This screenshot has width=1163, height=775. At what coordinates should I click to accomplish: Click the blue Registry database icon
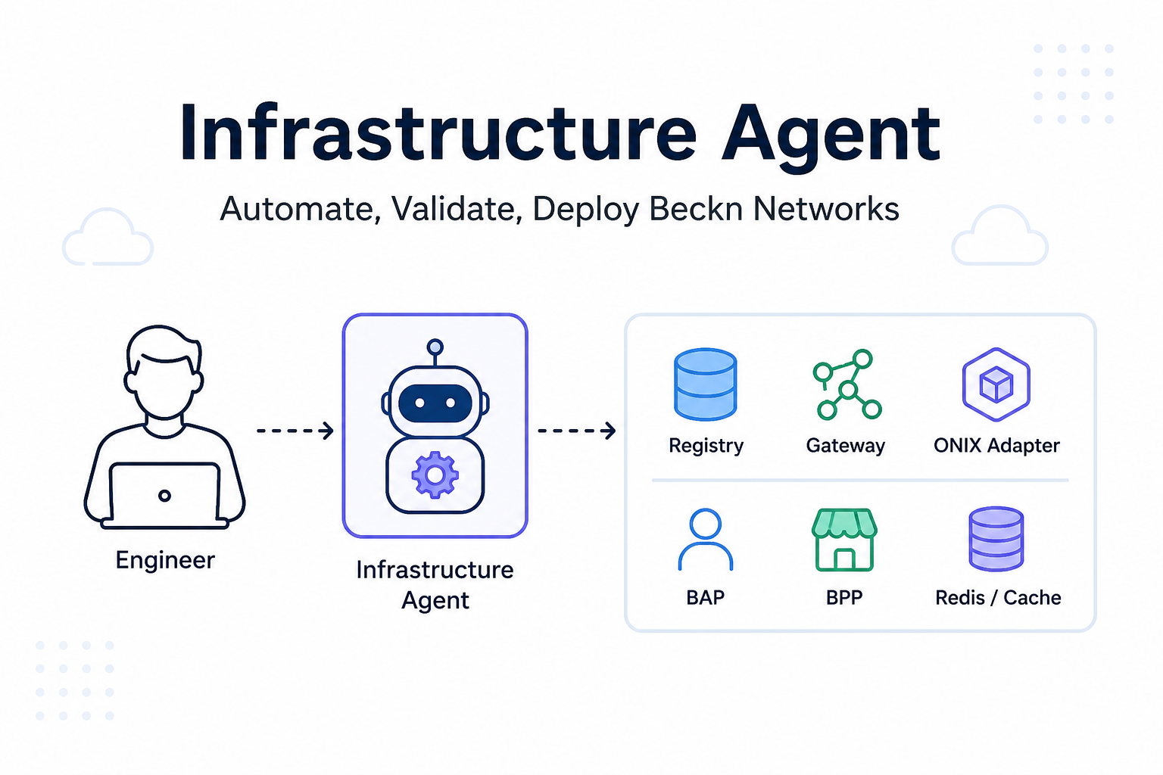[705, 384]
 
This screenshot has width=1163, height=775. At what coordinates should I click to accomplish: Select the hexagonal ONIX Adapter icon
[996, 384]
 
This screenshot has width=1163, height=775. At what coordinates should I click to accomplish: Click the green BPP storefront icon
[844, 540]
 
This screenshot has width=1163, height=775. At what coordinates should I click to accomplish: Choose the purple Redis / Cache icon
[996, 539]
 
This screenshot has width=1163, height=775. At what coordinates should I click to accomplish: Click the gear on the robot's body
[435, 475]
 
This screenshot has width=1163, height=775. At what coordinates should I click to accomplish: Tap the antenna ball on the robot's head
[435, 346]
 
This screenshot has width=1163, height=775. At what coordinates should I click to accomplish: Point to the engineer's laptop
[164, 496]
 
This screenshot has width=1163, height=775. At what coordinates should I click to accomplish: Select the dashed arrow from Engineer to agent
[295, 431]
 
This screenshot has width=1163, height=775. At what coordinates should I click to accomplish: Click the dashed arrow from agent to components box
[576, 431]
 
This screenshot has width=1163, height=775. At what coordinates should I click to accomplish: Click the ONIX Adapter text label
[996, 445]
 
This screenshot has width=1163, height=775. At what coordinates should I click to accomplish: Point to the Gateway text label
[845, 446]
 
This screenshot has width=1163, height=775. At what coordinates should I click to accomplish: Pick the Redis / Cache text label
[998, 597]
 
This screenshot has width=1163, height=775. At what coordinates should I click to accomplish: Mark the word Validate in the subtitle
[457, 209]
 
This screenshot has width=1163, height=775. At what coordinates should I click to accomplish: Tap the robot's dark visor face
[435, 403]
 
